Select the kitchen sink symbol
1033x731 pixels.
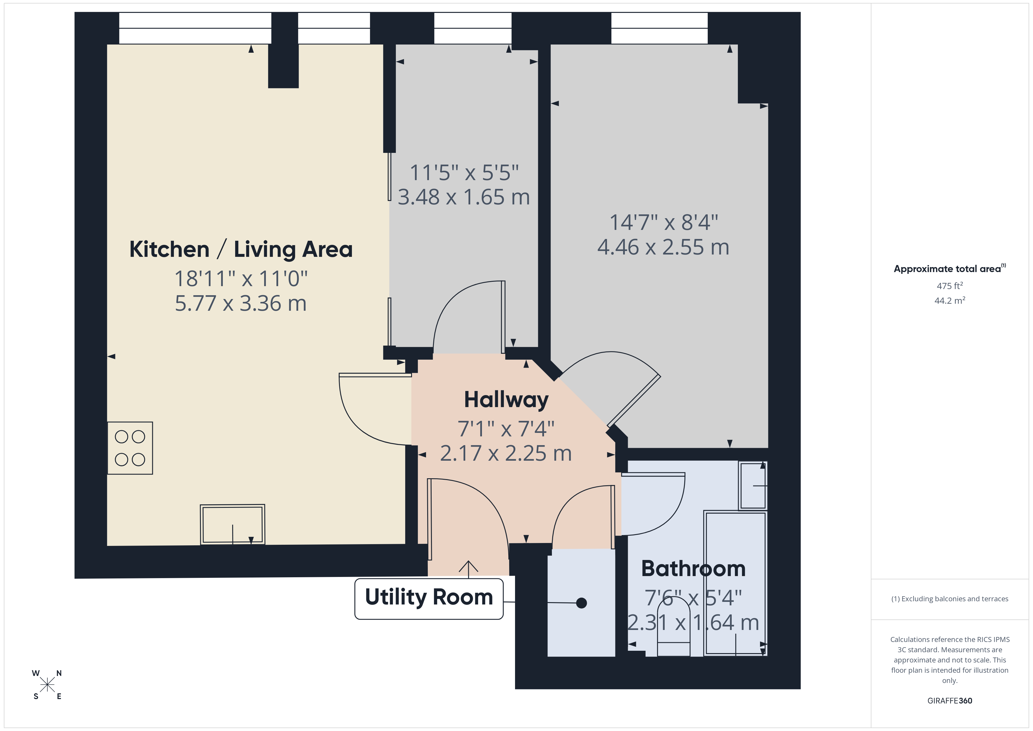[232, 525]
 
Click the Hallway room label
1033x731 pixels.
[506, 400]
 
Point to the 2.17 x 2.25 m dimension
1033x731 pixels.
[506, 453]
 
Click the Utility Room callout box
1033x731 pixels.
[429, 598]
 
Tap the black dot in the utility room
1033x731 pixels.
[581, 603]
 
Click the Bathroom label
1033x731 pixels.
[693, 568]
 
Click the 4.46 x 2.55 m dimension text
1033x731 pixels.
[663, 247]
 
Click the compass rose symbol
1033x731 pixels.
[47, 685]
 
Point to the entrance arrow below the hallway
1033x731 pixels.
[468, 568]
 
